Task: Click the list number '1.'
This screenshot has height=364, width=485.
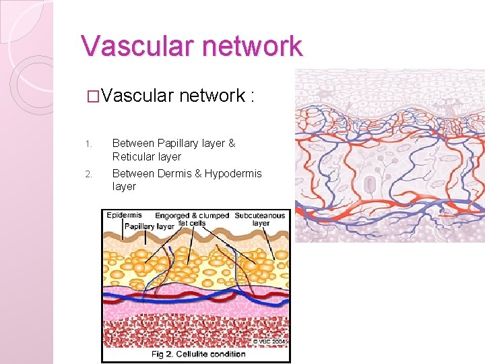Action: pyautogui.click(x=88, y=144)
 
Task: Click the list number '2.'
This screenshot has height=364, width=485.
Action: pyautogui.click(x=88, y=175)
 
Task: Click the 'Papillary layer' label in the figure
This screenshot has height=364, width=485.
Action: pyautogui.click(x=149, y=226)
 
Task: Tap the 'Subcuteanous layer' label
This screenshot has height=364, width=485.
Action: pyautogui.click(x=260, y=219)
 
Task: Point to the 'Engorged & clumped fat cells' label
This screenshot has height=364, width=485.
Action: pyautogui.click(x=193, y=219)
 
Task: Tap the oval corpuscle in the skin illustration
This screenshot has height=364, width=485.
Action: pyautogui.click(x=370, y=183)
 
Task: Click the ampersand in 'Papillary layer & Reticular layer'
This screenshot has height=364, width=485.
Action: pyautogui.click(x=232, y=143)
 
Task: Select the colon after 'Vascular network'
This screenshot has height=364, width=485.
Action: pyautogui.click(x=251, y=96)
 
